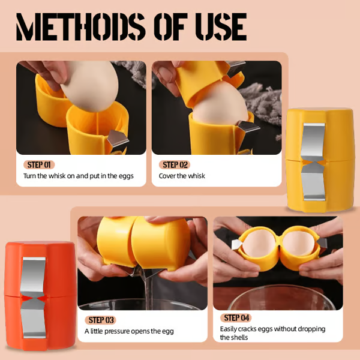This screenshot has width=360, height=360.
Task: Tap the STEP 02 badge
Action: coord(176,164)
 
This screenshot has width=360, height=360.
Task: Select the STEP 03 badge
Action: coord(101,320)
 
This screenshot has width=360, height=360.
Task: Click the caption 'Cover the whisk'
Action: coord(182,176)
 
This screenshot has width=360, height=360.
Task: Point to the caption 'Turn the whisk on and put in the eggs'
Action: coord(79,176)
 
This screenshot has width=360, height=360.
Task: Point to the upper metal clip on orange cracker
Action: coord(34,273)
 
